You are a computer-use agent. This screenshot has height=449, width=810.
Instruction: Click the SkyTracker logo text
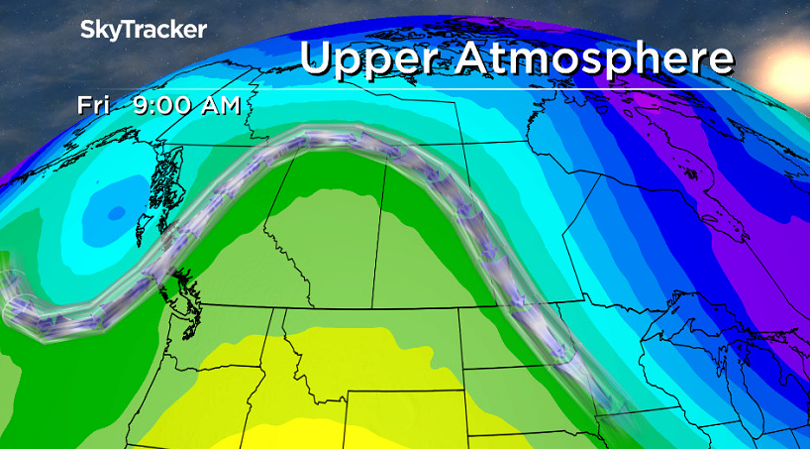point(144,30)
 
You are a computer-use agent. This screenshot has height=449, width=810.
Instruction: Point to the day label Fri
point(95,105)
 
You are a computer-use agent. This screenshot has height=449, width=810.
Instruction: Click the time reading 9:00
point(166,105)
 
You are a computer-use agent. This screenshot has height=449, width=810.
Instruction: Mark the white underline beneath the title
point(515,88)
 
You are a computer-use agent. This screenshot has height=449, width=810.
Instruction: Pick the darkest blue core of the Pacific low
point(104,208)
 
